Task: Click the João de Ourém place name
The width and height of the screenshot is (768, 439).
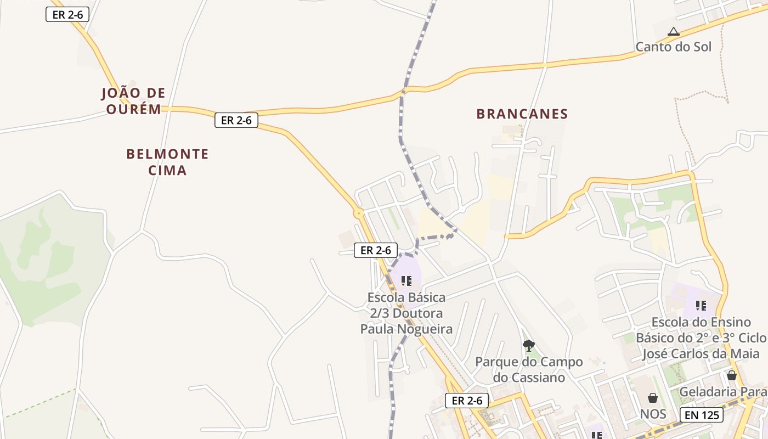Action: tap(133, 101)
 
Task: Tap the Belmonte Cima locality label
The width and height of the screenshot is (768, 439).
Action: tap(167, 162)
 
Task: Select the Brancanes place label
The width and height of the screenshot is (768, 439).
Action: tap(522, 114)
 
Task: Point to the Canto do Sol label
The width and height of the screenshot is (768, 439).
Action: tap(673, 47)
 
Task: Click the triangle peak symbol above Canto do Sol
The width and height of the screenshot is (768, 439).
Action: tap(674, 32)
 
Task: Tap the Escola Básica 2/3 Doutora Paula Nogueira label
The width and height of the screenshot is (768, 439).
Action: tap(406, 313)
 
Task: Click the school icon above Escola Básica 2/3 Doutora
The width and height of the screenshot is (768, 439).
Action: tap(406, 281)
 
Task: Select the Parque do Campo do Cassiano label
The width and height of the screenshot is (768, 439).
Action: tap(529, 370)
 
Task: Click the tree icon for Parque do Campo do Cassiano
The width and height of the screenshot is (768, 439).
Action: tap(529, 345)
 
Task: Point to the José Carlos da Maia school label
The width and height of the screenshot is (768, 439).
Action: tap(701, 338)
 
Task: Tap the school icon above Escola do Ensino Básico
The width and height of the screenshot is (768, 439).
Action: tap(701, 305)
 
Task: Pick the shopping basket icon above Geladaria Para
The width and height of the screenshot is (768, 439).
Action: tap(732, 376)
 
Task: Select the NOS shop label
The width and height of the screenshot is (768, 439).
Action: tap(653, 414)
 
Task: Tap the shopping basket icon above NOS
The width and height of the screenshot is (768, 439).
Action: tap(653, 398)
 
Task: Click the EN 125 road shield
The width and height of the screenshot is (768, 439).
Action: tap(702, 415)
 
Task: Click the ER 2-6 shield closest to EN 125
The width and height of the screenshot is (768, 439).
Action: tap(467, 401)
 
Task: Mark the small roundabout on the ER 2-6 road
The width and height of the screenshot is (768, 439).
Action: tap(359, 213)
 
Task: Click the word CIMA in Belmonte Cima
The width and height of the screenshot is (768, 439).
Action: tap(167, 171)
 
